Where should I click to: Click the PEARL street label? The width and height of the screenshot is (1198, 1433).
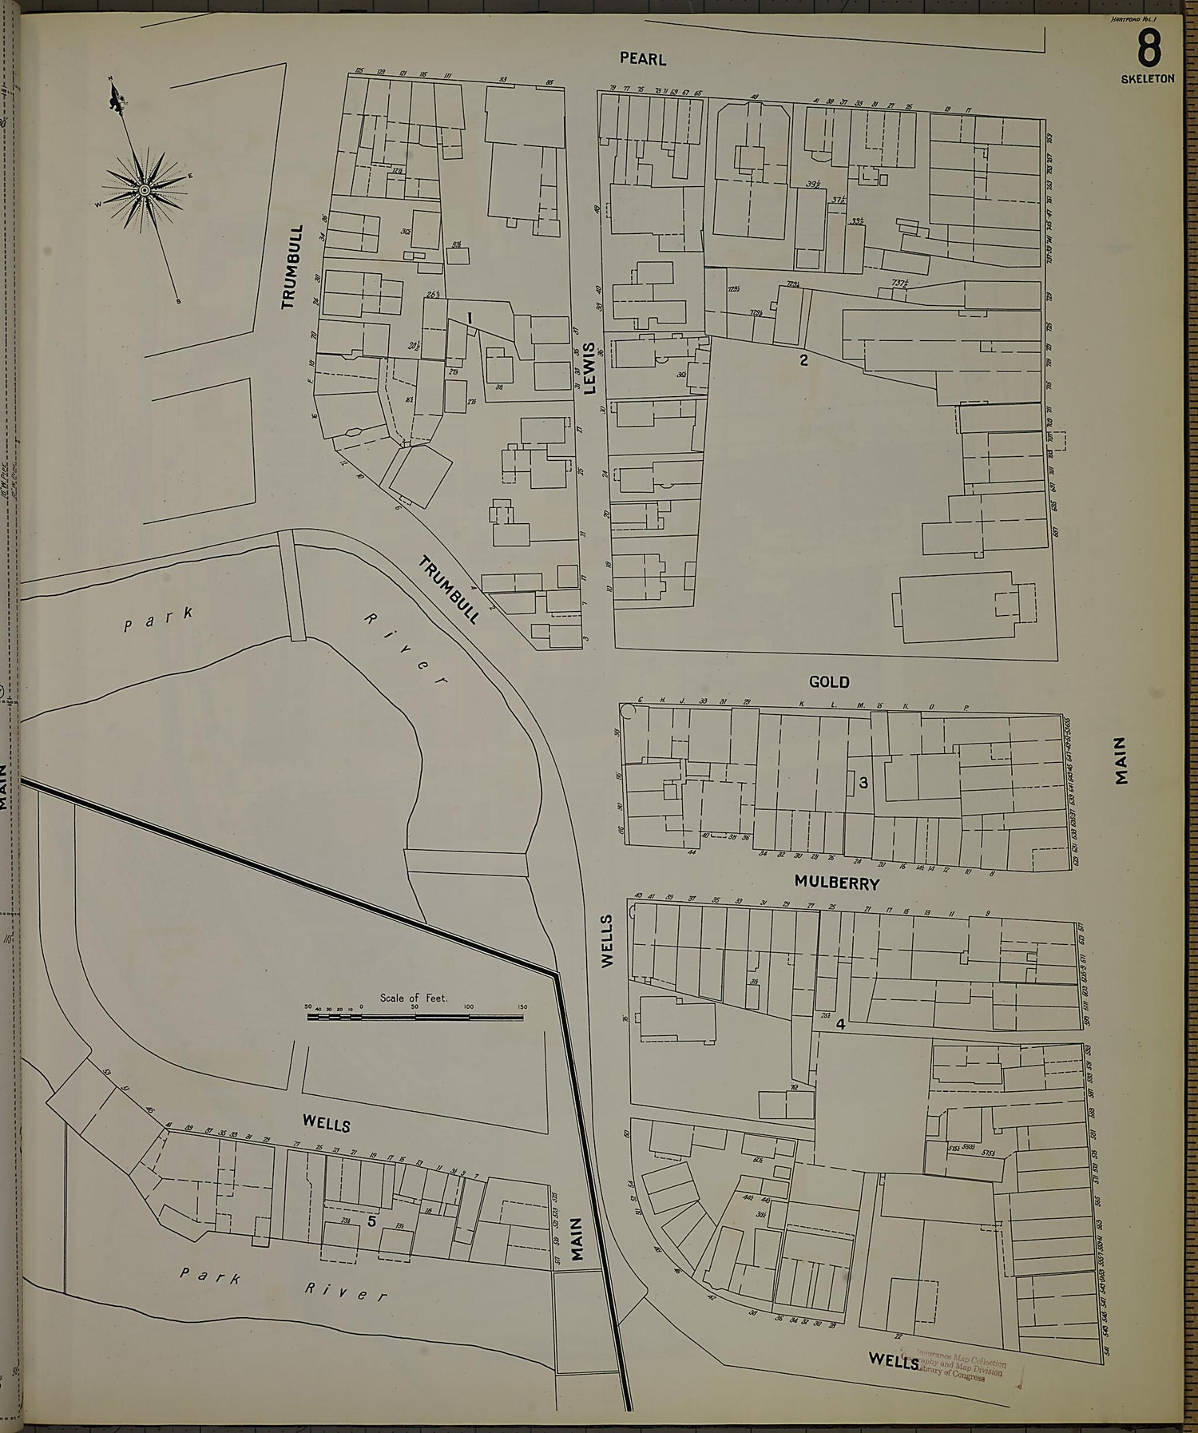(x=642, y=59)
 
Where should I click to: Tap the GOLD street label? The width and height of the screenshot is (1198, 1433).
(x=829, y=682)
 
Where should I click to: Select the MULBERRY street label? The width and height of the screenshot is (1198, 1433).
(x=836, y=883)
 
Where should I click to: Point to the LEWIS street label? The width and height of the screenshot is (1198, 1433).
(x=590, y=368)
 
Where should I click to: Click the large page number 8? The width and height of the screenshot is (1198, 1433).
(x=1148, y=50)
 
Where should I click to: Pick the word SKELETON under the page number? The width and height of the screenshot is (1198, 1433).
(x=1148, y=79)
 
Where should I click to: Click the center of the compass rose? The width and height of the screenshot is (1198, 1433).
(x=144, y=190)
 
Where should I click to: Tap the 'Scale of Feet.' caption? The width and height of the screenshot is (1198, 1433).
(x=414, y=998)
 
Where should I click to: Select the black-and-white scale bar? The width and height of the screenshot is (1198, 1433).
(x=415, y=1017)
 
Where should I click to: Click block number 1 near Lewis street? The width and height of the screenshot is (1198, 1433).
(x=470, y=318)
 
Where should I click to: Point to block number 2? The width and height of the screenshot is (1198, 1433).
(x=803, y=360)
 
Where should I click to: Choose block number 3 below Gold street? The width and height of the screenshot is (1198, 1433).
(x=863, y=784)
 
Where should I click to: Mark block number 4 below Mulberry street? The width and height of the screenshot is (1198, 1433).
(x=840, y=1025)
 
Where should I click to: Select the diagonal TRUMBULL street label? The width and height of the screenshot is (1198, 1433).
(x=449, y=589)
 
